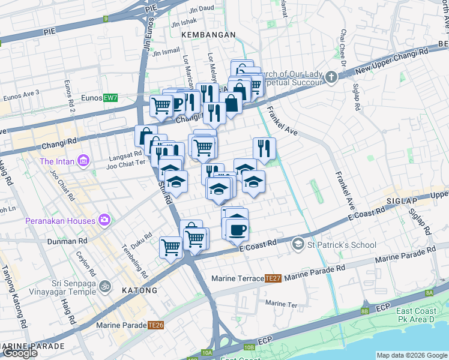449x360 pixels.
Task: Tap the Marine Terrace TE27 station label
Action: point(247,278)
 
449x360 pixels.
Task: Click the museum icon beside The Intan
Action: point(83,161)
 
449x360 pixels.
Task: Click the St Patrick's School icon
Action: point(298,244)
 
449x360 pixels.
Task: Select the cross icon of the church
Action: point(331,77)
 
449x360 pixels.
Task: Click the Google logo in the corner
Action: point(19,353)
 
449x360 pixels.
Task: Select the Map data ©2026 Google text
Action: point(412,355)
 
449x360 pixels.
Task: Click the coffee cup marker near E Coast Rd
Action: point(238,229)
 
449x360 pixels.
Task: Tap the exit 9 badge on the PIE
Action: point(105,19)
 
